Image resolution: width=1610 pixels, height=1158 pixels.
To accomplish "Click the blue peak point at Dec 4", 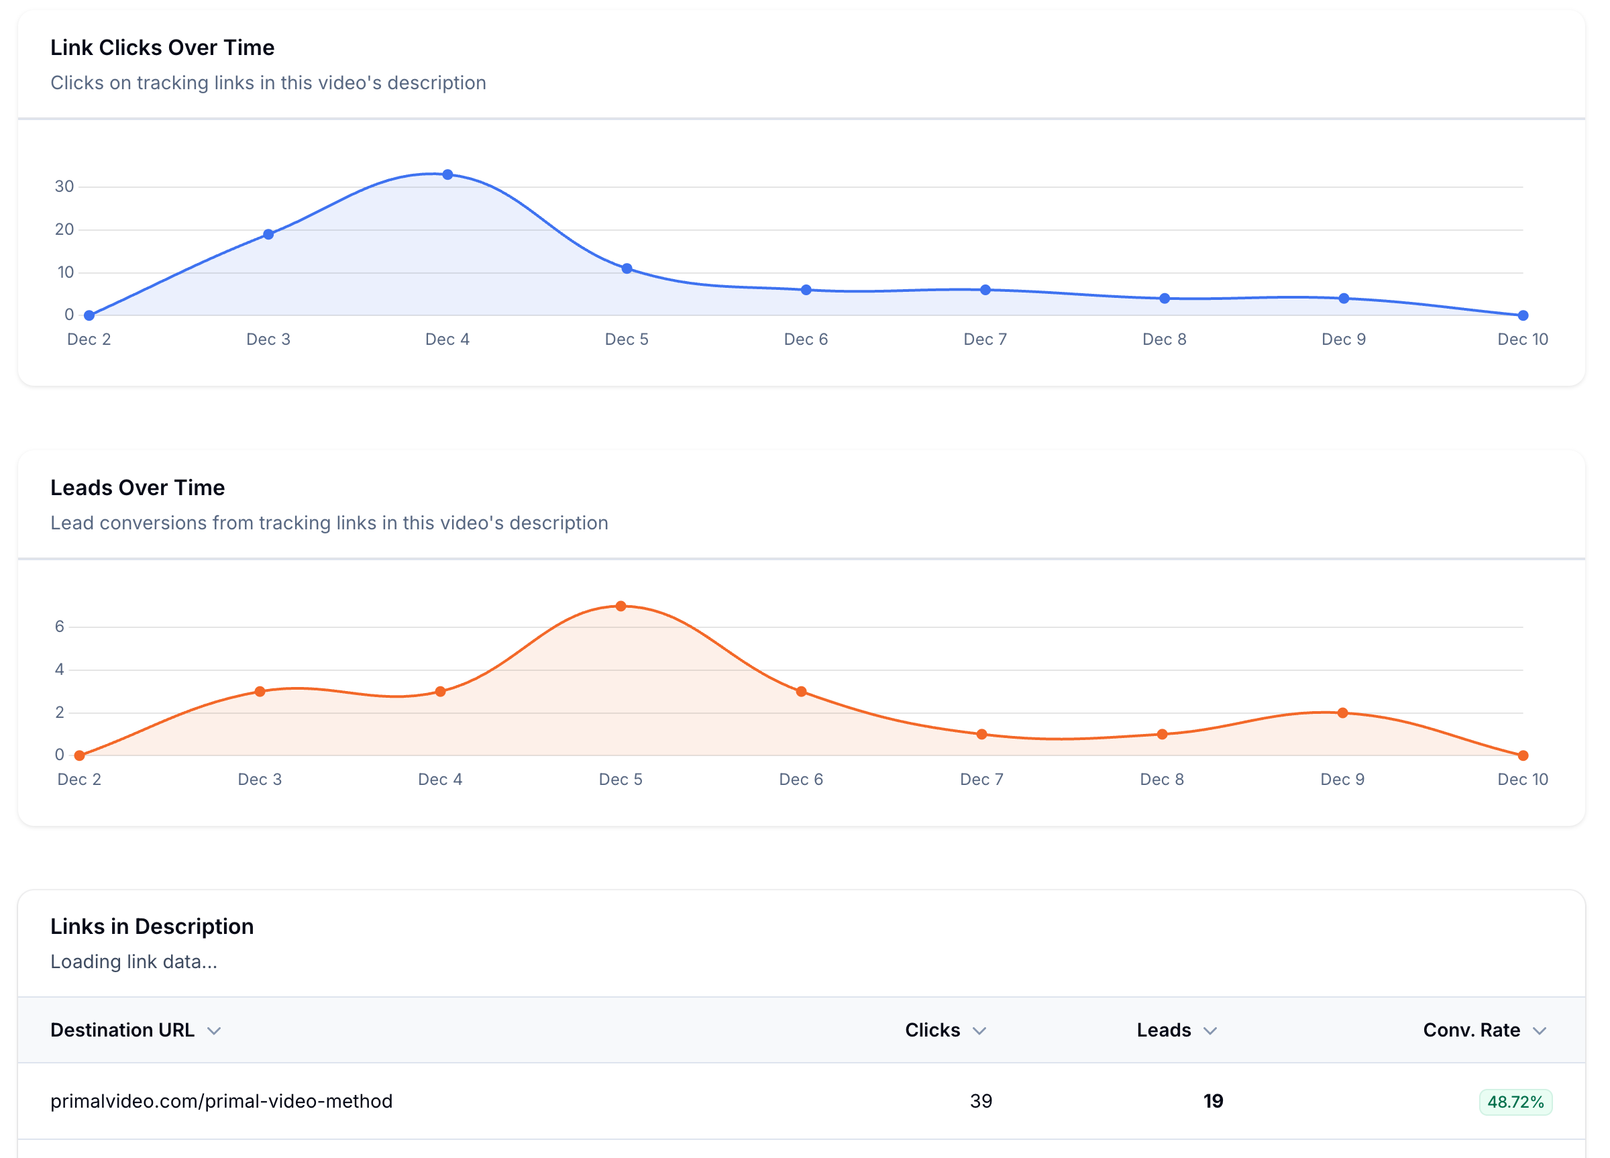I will [x=447, y=174].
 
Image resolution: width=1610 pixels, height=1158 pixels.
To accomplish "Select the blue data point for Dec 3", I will [x=268, y=234].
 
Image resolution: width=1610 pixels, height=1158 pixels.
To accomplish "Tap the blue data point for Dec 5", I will [x=627, y=268].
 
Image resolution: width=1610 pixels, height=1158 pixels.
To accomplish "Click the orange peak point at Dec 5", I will [x=621, y=607].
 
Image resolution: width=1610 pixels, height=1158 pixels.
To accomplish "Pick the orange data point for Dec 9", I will [x=1342, y=713].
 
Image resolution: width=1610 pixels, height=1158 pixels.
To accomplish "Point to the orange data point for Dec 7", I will [x=981, y=734].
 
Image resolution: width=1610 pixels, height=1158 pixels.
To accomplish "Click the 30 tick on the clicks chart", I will [x=64, y=187].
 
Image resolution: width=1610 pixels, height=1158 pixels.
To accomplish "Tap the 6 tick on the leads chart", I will [x=60, y=626].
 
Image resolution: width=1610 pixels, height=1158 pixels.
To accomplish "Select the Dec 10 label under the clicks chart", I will [x=1522, y=339].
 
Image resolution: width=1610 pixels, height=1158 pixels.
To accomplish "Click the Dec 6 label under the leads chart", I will [x=801, y=780].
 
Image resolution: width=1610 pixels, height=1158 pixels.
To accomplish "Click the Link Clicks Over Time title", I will [x=162, y=48].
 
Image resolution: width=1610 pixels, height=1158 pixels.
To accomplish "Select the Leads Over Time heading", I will [x=137, y=488].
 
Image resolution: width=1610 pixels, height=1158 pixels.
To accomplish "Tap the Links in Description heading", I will [x=152, y=927].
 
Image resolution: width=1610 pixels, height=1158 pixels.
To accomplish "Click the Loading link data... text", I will [x=133, y=962].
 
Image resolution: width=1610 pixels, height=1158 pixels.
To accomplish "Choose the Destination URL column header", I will [x=122, y=1031].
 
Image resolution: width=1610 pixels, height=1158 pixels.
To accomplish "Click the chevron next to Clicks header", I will [x=979, y=1031].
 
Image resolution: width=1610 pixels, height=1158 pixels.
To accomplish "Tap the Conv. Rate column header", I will [x=1471, y=1031].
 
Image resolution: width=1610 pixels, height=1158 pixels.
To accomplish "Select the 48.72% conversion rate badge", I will [x=1515, y=1102].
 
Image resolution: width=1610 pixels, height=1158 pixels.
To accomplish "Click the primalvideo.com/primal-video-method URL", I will [x=221, y=1101].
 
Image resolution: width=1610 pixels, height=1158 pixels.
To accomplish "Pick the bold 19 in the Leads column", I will [x=1212, y=1101].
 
